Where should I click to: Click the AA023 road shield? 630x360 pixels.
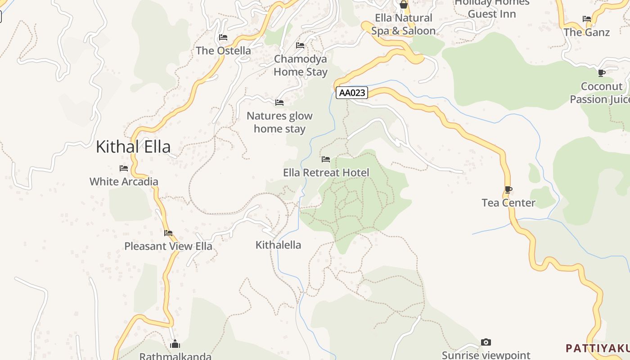pyautogui.click(x=351, y=93)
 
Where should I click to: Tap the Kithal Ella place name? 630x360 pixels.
pyautogui.click(x=133, y=147)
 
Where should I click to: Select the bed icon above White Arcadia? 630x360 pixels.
pyautogui.click(x=124, y=168)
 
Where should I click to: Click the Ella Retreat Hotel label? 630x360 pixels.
pyautogui.click(x=326, y=173)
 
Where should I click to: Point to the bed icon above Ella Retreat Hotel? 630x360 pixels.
pyautogui.click(x=326, y=159)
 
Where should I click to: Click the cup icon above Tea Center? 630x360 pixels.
pyautogui.click(x=508, y=189)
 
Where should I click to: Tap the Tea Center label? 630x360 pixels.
pyautogui.click(x=508, y=203)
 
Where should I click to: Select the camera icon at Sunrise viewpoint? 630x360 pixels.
pyautogui.click(x=486, y=342)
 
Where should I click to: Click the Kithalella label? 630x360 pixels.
pyautogui.click(x=278, y=245)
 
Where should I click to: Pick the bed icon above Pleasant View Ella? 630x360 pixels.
pyautogui.click(x=168, y=233)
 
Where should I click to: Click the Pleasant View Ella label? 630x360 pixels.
pyautogui.click(x=168, y=247)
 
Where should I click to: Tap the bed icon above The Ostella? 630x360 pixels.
pyautogui.click(x=223, y=37)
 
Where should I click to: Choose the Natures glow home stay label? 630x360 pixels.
pyautogui.click(x=279, y=122)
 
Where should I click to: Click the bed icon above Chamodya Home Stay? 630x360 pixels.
pyautogui.click(x=300, y=45)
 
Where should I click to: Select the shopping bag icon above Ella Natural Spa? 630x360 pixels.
pyautogui.click(x=404, y=5)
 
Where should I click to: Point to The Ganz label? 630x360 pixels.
pyautogui.click(x=586, y=32)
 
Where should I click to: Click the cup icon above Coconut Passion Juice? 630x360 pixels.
pyautogui.click(x=602, y=73)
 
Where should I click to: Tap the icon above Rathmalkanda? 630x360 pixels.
pyautogui.click(x=175, y=345)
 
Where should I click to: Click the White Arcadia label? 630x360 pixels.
pyautogui.click(x=124, y=182)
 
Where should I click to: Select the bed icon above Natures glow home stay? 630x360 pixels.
pyautogui.click(x=279, y=103)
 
